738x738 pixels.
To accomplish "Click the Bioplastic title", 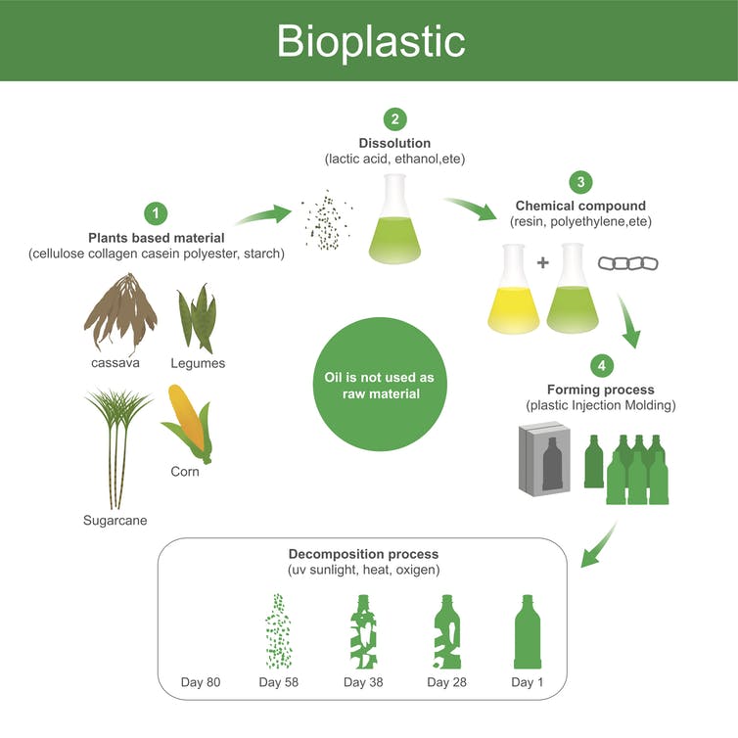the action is click(371, 42).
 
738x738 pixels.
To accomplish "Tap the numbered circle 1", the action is click(156, 213).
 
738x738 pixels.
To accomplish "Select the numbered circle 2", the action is click(394, 119).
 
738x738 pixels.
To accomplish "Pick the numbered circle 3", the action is click(580, 182).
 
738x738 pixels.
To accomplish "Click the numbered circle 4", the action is click(602, 365).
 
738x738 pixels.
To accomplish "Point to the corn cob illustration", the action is click(188, 424).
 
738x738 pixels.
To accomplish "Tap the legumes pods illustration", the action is click(197, 318).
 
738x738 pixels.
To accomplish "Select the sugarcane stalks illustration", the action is click(117, 448).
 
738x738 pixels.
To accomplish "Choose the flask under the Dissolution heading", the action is click(394, 219).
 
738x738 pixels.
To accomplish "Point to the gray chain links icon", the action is click(627, 263).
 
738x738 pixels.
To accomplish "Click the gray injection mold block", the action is click(544, 459).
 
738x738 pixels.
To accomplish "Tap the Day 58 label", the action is click(279, 682).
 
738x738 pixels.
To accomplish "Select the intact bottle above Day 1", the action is click(528, 631).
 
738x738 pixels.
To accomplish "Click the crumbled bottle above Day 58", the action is click(279, 631).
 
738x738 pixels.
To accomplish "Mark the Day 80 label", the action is click(201, 682).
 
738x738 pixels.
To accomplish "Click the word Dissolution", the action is click(394, 143).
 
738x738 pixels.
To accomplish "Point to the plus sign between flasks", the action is click(543, 262).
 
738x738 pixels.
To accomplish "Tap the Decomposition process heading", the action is click(363, 554).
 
